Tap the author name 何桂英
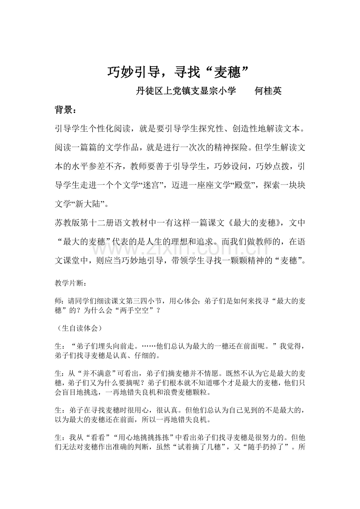(x=268, y=91)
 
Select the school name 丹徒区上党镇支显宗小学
(x=186, y=91)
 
